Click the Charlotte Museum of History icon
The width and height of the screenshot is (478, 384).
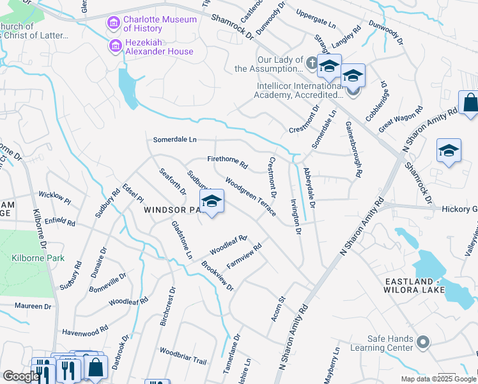tap(114, 24)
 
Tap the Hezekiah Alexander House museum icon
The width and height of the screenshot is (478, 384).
tap(114, 46)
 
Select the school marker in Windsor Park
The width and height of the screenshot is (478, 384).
tap(212, 202)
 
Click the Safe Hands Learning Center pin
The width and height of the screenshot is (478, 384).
tap(422, 343)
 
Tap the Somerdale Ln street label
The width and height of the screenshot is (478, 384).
tap(174, 140)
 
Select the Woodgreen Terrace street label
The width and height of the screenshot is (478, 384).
tap(250, 196)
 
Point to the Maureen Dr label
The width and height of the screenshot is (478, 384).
tap(33, 307)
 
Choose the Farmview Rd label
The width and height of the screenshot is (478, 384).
tap(244, 256)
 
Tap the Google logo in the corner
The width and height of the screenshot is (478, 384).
tap(20, 376)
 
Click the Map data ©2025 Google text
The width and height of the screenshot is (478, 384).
tap(438, 379)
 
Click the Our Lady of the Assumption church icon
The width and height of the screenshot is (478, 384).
tap(311, 62)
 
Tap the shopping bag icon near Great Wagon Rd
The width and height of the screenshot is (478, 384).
tap(470, 104)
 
